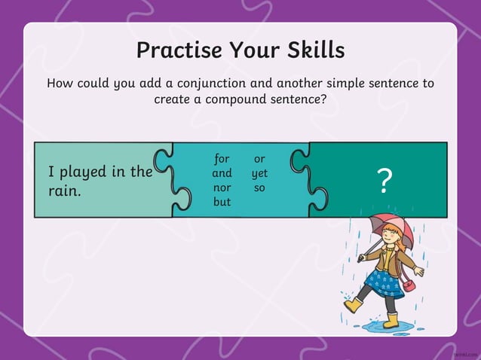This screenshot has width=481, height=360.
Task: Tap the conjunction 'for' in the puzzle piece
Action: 222,159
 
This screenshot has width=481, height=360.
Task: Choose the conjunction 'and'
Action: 222,173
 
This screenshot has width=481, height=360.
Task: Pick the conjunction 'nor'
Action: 222,188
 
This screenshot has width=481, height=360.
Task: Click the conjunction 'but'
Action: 222,202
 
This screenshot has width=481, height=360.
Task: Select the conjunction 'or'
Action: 259,159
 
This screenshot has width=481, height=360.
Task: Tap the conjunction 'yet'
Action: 259,174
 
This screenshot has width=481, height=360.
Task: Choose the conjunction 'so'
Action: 259,188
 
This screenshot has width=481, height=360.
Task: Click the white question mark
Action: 384,182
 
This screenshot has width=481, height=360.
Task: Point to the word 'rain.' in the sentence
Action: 65,191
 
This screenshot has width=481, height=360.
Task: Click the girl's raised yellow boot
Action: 353,305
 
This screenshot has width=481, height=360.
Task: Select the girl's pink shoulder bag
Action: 408,284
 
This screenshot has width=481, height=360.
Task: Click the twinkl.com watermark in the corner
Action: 466,352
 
